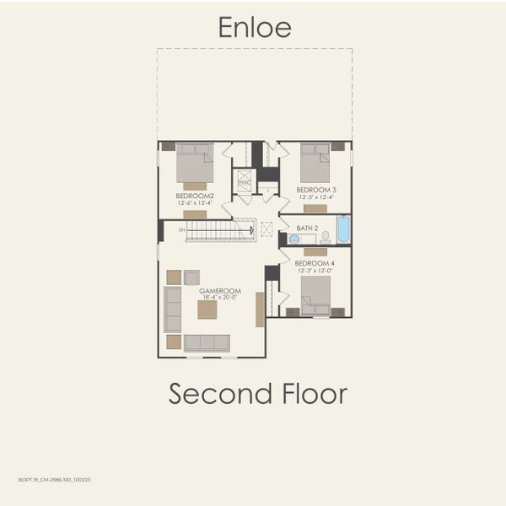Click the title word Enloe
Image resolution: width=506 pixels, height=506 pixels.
coord(255,27)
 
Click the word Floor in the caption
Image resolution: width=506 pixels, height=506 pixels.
coord(312,393)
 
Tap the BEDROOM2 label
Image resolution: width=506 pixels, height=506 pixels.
coord(195,196)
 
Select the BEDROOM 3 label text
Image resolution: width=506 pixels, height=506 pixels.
coord(317,190)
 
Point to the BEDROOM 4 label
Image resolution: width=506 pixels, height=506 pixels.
coord(316,264)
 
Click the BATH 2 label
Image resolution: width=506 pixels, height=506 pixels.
coord(307,229)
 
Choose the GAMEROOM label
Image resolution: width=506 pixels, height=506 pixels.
coord(217,291)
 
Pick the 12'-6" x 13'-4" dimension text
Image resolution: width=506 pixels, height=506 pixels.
coord(195,202)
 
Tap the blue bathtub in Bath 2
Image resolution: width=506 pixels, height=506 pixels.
coord(343,230)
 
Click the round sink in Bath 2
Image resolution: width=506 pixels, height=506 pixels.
coord(293,239)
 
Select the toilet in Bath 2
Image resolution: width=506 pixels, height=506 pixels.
coord(325,238)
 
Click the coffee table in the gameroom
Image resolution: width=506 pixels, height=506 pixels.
coord(207,310)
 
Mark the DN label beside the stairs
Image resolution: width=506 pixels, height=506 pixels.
coord(181,229)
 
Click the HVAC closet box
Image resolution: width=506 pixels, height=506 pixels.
coord(244,181)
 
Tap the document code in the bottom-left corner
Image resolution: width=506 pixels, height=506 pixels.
coord(54,479)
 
